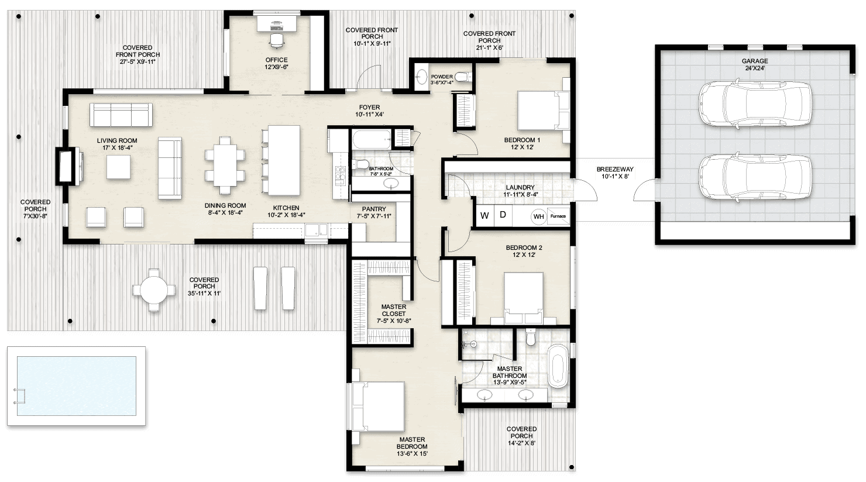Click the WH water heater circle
(x=538, y=216)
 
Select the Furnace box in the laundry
(x=558, y=216)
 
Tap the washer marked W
(x=484, y=215)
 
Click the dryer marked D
(x=503, y=215)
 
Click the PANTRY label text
(x=374, y=209)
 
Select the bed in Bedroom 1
(x=541, y=111)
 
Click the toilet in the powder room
(x=463, y=77)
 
